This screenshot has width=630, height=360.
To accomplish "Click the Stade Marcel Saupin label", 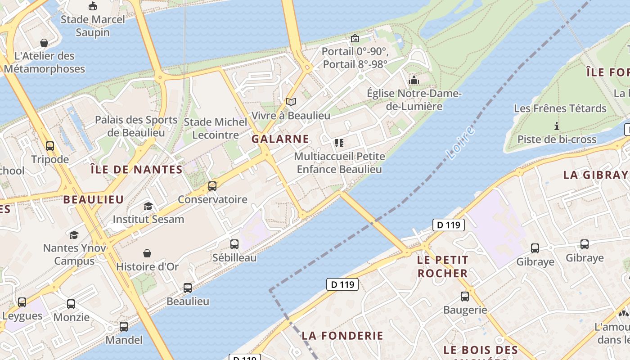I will click(93, 26).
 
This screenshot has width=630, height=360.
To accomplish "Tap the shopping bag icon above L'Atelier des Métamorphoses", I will click(44, 43).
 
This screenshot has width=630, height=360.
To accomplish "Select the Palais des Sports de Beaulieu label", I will click(136, 126).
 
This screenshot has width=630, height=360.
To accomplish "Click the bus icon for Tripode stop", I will click(50, 146).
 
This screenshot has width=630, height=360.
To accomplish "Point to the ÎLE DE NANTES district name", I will click(136, 170).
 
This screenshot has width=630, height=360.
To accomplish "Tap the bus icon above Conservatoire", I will click(212, 186).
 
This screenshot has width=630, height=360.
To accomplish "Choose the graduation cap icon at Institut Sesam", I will click(148, 206).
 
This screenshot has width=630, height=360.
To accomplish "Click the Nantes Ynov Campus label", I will click(75, 254).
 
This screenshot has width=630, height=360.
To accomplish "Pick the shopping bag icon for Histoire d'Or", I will click(147, 253).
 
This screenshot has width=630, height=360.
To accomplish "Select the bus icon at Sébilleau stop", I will click(234, 244).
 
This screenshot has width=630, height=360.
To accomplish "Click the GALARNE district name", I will click(280, 139).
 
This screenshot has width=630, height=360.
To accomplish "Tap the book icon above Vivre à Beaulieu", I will click(291, 102).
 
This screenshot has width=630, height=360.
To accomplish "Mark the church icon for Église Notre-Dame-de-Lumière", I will click(414, 81).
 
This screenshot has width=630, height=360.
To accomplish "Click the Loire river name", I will click(461, 143).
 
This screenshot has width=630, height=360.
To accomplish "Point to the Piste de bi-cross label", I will click(557, 139).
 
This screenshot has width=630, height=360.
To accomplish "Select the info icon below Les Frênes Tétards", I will click(557, 126).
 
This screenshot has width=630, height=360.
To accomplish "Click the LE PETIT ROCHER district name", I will click(443, 266).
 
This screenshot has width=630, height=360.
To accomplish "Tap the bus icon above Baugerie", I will click(465, 297).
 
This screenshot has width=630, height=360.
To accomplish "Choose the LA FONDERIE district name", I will click(342, 335).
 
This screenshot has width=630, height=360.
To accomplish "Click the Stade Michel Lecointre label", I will click(216, 128).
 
